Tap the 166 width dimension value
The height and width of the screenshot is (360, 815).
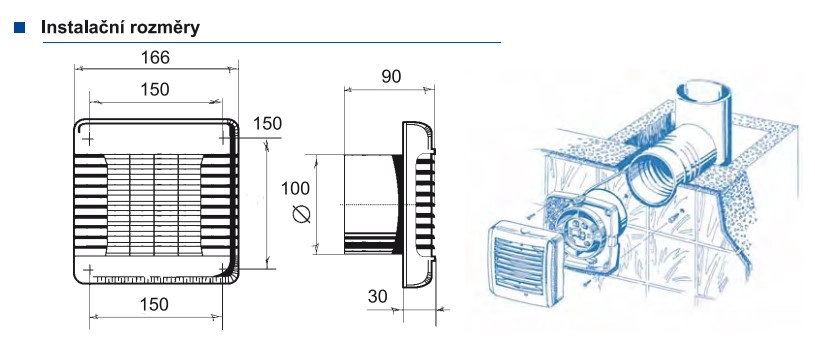click(154, 58)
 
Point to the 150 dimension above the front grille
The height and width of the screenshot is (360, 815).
click(154, 89)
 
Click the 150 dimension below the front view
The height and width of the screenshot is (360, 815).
click(154, 304)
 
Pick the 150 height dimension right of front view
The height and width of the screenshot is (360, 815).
click(267, 124)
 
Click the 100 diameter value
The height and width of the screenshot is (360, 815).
click(296, 187)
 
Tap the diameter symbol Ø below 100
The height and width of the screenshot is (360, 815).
click(296, 214)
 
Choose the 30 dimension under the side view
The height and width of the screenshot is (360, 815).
click(377, 296)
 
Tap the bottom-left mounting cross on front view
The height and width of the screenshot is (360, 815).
click(89, 270)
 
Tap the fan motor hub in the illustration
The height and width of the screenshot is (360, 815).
click(588, 228)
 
